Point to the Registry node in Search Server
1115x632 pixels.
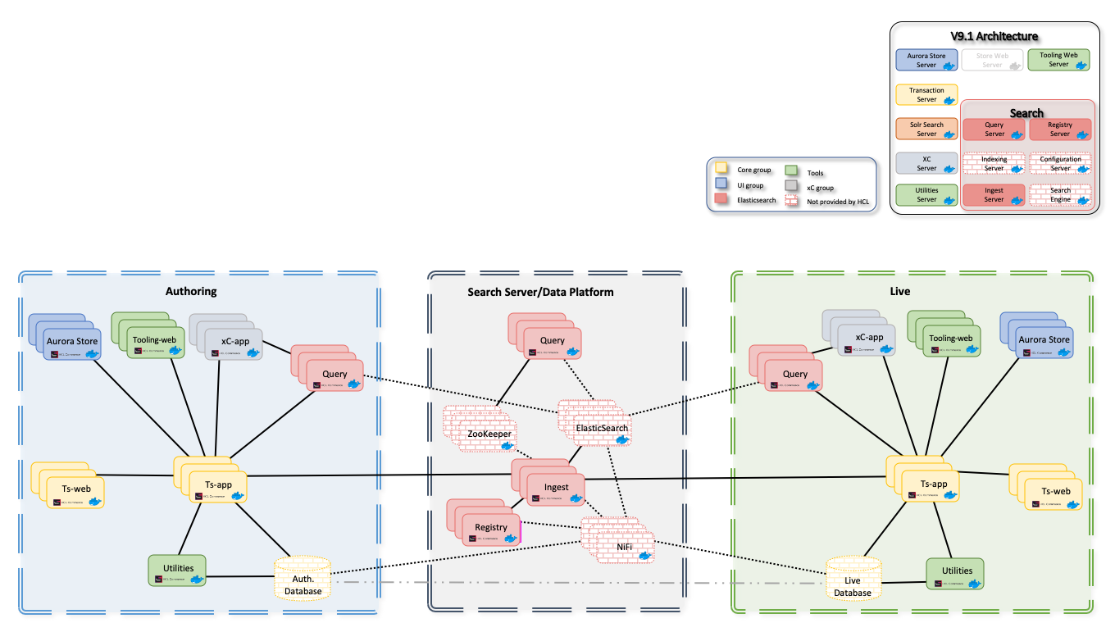click(x=491, y=528)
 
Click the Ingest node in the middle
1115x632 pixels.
click(x=556, y=488)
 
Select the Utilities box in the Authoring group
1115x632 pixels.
click(x=177, y=570)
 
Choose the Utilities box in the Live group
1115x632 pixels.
click(x=955, y=571)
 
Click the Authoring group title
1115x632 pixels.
click(x=190, y=291)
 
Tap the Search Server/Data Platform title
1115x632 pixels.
click(x=540, y=292)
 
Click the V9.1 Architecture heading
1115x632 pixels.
click(x=994, y=36)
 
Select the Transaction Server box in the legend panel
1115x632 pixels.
click(x=926, y=95)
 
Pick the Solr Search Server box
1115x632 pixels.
click(x=926, y=130)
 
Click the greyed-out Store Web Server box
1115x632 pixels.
click(x=993, y=61)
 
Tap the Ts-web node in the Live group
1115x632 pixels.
click(x=1055, y=492)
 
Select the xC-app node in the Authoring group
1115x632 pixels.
click(x=235, y=341)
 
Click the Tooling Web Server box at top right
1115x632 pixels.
click(x=1058, y=60)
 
